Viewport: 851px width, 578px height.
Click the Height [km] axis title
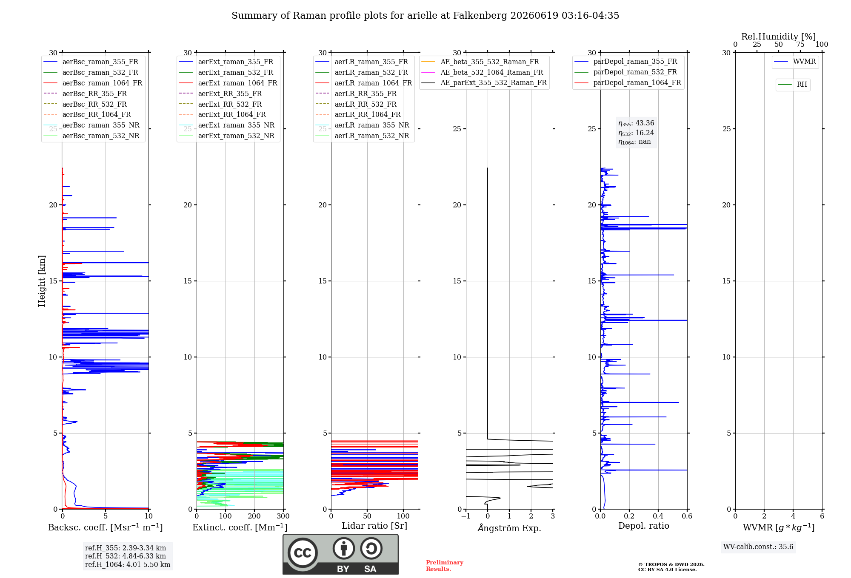point(42,281)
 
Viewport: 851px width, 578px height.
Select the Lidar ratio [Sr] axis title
point(374,526)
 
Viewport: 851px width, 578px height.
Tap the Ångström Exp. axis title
point(509,528)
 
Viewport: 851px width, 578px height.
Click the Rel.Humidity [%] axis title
point(779,37)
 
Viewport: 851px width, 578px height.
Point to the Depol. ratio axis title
point(644,526)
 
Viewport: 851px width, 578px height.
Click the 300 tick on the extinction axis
point(283,516)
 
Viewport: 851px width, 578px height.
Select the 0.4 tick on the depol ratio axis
point(658,516)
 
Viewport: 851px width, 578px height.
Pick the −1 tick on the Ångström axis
point(466,516)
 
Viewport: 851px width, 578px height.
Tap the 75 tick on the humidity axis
point(800,44)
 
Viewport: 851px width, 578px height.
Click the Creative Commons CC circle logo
point(303,553)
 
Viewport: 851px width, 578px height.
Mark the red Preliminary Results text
point(445,566)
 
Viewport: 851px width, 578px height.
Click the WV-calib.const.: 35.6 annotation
point(758,547)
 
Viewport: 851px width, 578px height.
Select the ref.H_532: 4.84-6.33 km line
point(126,556)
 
